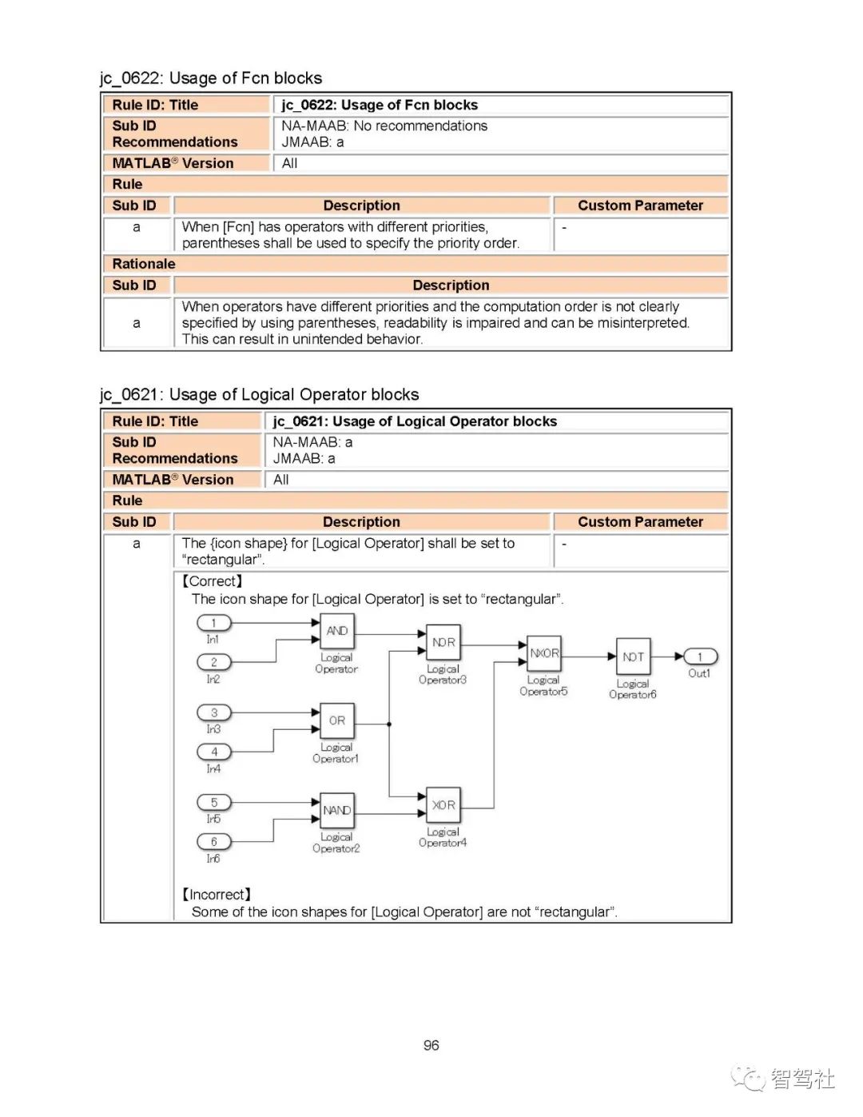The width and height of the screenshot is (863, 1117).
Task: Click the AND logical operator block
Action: [x=336, y=631]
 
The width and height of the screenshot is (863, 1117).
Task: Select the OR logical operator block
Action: [x=336, y=720]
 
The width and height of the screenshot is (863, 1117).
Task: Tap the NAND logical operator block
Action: [x=336, y=810]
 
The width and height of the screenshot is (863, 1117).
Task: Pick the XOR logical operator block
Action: [x=443, y=805]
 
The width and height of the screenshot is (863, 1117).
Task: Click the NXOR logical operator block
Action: [x=544, y=653]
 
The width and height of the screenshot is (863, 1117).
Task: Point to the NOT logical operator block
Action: [x=633, y=657]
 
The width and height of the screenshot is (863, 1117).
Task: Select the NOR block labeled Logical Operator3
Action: [x=443, y=642]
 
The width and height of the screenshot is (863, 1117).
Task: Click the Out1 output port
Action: [x=700, y=657]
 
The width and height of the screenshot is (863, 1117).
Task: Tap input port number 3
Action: [x=213, y=712]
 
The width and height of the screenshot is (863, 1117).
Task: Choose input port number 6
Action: [x=213, y=842]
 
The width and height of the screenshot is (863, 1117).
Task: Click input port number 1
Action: [x=213, y=623]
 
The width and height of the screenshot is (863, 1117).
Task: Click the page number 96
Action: [x=431, y=1046]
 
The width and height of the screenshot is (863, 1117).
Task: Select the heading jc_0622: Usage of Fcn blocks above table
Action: [x=211, y=78]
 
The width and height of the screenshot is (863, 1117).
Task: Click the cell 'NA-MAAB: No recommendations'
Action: [x=384, y=126]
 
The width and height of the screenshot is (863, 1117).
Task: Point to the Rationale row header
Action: [x=144, y=264]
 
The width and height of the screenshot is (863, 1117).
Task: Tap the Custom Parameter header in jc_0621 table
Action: [x=640, y=522]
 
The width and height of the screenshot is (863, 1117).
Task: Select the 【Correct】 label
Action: [x=212, y=581]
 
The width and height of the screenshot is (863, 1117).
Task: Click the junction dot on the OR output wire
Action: [x=389, y=724]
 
